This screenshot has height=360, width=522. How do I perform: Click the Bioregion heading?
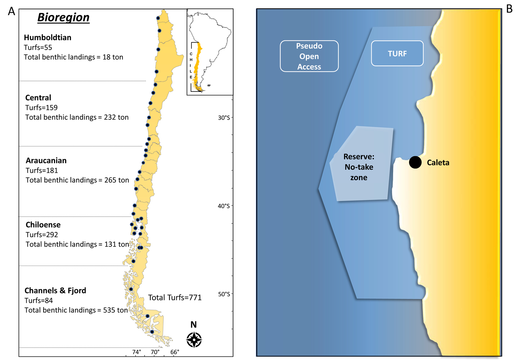point(63,17)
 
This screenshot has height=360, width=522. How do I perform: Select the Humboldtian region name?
point(47,37)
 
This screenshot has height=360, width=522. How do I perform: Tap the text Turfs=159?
point(41,108)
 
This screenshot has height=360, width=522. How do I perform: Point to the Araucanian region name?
point(46,161)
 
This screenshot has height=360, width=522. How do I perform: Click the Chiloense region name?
point(43,225)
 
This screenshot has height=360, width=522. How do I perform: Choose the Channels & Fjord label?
point(55,291)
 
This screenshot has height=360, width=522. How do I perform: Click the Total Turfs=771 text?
point(175,297)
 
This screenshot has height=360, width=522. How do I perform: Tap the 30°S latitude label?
point(224,118)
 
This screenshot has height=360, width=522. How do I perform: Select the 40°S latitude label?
point(224,206)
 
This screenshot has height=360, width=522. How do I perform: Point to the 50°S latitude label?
point(224,294)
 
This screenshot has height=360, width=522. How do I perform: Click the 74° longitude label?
point(137,352)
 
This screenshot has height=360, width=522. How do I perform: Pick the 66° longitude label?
point(175,352)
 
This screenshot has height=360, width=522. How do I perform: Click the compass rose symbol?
point(194,339)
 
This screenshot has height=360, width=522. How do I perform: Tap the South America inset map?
point(210,52)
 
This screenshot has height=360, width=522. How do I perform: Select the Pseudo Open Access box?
point(309,56)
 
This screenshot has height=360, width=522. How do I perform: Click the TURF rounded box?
point(397,54)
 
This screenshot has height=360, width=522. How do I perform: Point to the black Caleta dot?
point(415,162)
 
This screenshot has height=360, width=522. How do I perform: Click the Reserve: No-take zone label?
point(359,167)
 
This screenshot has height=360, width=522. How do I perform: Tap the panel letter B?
point(509,9)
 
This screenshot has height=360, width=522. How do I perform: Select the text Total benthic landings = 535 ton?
point(76,310)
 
